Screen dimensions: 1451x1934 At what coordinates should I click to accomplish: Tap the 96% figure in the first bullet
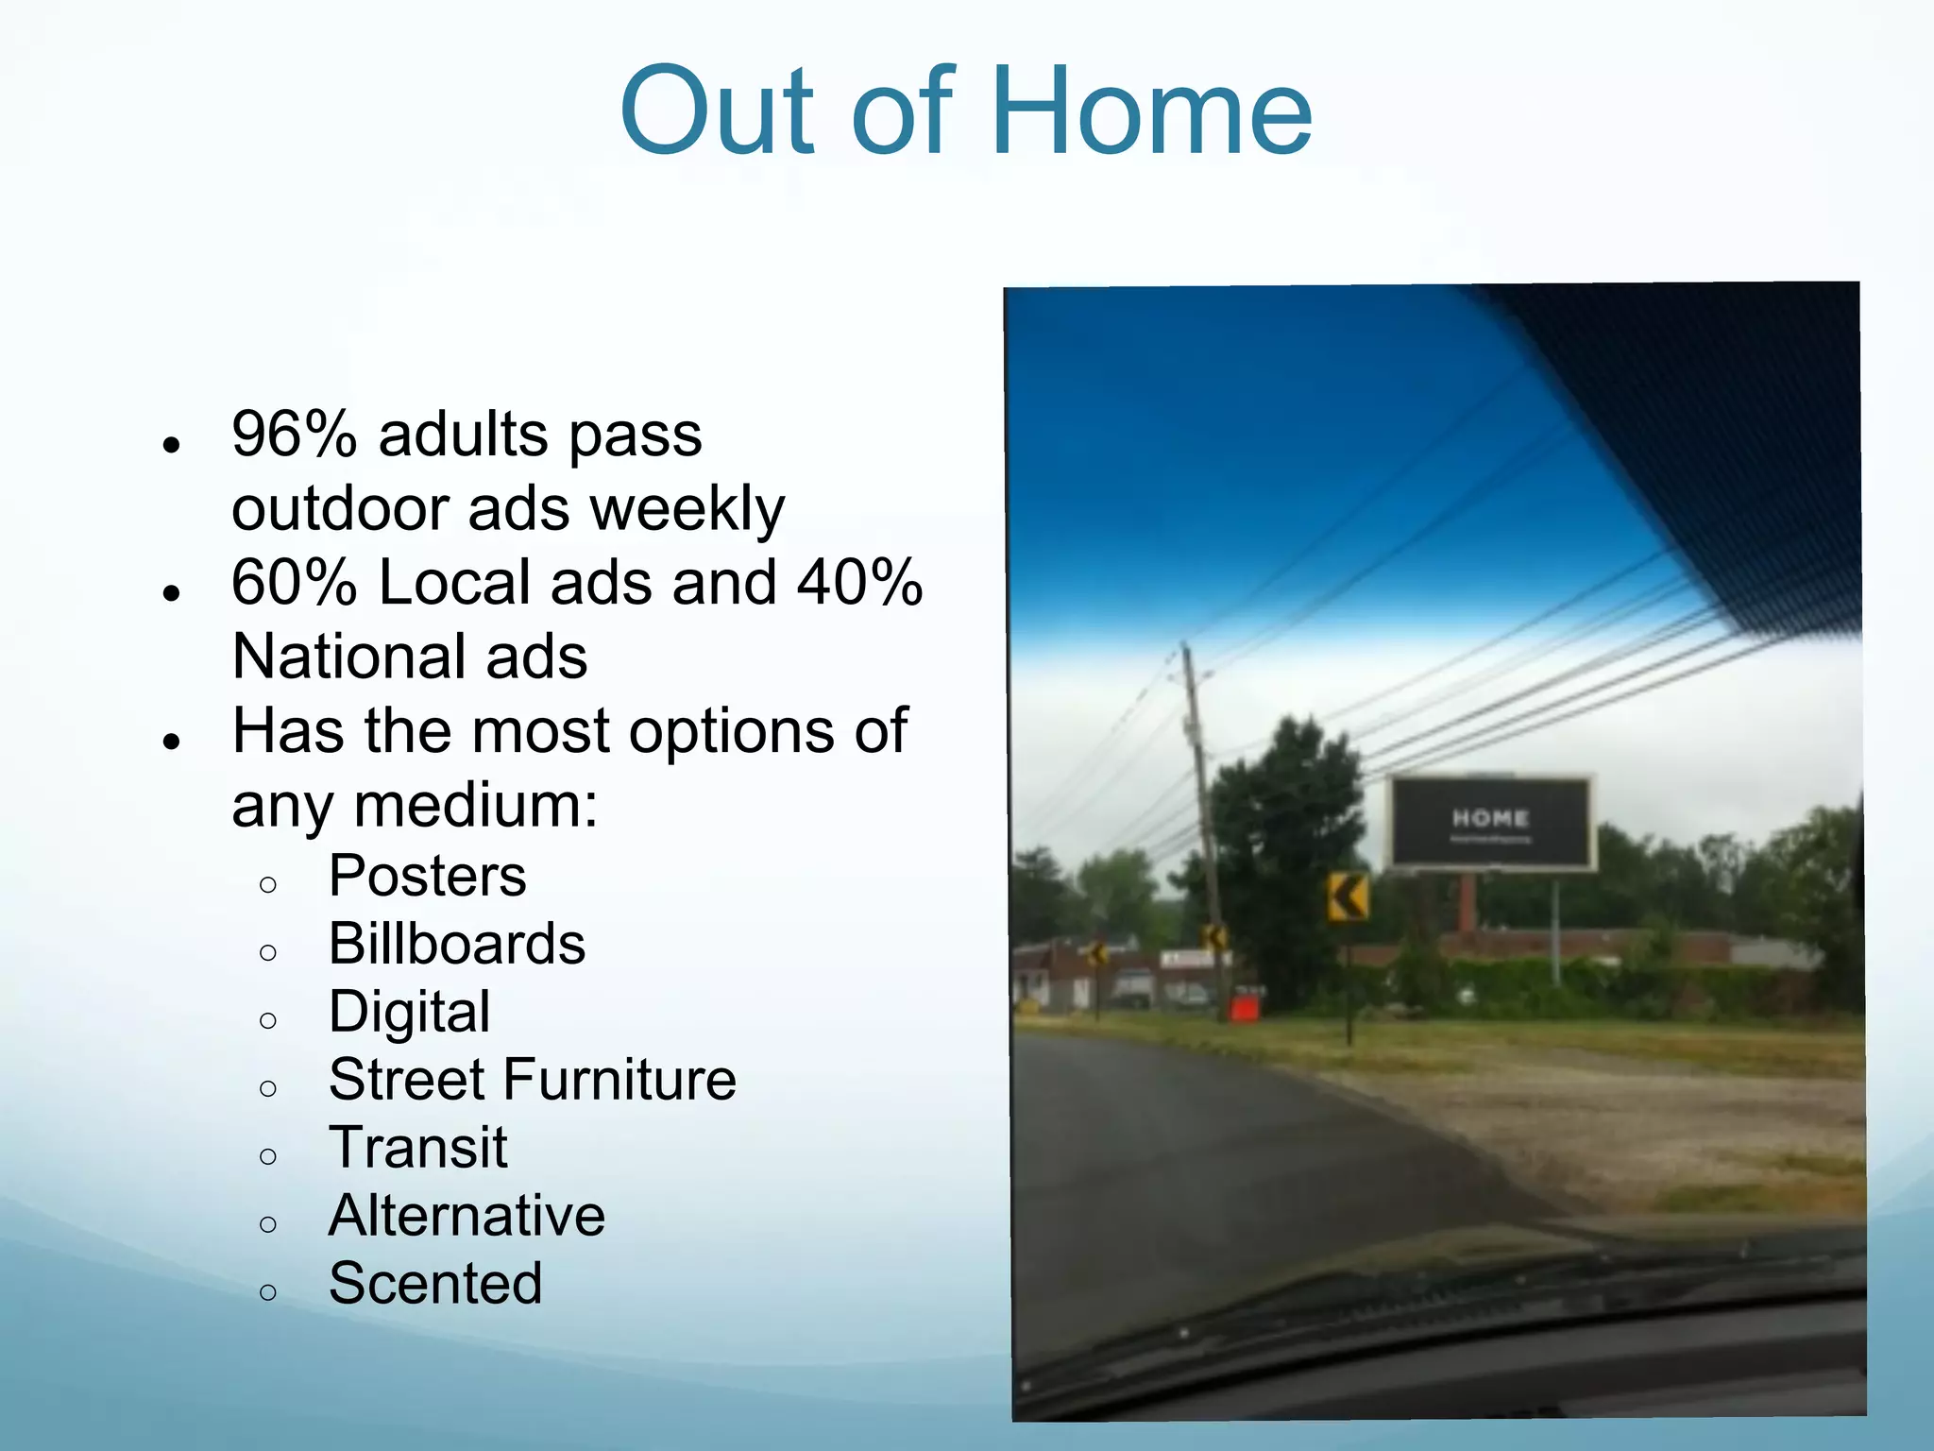point(294,435)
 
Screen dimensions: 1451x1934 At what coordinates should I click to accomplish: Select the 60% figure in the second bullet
point(294,583)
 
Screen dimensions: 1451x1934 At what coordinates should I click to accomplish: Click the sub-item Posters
point(427,876)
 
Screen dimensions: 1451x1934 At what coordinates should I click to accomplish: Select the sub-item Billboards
point(457,944)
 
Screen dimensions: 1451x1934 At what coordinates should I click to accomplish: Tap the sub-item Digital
point(409,1012)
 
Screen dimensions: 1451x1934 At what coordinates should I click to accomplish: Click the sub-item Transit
point(417,1148)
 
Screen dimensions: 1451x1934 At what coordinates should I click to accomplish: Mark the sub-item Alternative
point(467,1216)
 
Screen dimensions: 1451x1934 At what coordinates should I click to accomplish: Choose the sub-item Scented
point(435,1284)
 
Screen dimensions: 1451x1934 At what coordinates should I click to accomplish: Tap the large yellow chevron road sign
point(1348,896)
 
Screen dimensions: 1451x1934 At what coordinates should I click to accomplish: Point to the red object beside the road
point(1245,1007)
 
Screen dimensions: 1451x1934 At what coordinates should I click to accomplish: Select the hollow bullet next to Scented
point(268,1291)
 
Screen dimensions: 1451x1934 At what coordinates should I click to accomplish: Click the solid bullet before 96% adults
point(171,444)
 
